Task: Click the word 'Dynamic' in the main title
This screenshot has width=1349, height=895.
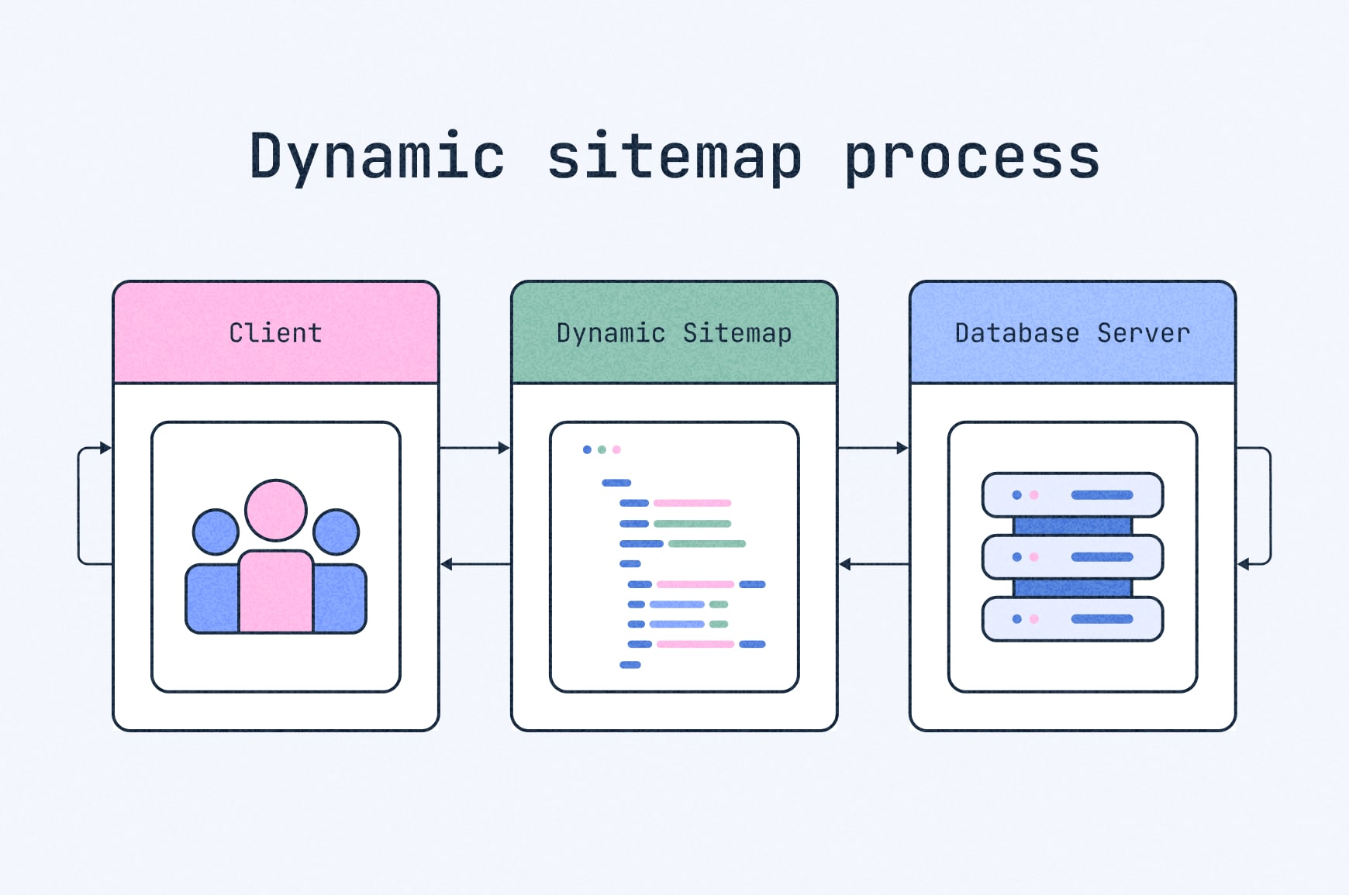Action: (x=377, y=157)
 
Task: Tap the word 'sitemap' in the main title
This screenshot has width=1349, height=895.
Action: (x=674, y=157)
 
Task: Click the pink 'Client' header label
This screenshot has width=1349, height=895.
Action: (x=276, y=333)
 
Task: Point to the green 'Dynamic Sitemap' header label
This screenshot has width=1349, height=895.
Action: (x=674, y=333)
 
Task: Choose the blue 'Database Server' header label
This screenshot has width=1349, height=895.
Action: (x=1072, y=333)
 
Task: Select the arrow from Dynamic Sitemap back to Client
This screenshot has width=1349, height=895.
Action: (x=474, y=564)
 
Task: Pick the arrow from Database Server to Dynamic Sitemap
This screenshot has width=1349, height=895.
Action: (x=873, y=564)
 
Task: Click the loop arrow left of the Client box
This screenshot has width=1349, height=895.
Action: (x=80, y=505)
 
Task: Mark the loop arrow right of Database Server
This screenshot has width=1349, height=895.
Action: (x=1269, y=505)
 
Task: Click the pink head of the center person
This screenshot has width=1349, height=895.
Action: (x=276, y=510)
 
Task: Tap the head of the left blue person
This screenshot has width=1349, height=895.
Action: (x=216, y=532)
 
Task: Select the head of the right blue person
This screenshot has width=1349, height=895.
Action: (x=336, y=532)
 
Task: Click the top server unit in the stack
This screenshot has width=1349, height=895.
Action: (x=1072, y=495)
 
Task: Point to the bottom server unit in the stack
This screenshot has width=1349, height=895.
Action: (x=1072, y=619)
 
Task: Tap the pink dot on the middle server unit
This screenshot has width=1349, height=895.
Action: (x=1033, y=557)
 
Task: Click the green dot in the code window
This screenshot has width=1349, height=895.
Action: (x=602, y=449)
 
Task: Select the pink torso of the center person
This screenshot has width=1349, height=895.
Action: (x=276, y=593)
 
